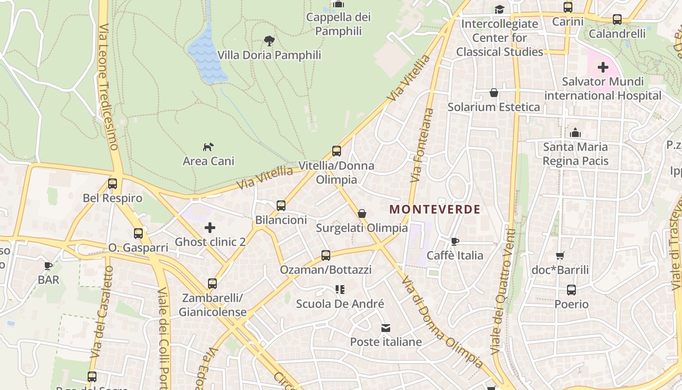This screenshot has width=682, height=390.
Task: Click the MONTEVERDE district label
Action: [435, 210]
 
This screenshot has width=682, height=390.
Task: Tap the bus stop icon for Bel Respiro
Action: [113, 184]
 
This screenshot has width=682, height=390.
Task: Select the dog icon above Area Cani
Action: [208, 146]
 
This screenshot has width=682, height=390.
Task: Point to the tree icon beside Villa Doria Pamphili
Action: [269, 40]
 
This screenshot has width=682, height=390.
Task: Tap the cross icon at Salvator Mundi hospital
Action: [603, 67]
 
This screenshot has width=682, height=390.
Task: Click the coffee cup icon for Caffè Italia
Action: [455, 241]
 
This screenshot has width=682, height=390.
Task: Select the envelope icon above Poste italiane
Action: [386, 328]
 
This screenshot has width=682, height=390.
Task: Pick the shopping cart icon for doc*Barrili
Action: [560, 255]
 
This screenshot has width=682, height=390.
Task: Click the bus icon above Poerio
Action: [571, 290]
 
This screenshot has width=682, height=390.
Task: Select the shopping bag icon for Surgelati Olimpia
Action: [362, 214]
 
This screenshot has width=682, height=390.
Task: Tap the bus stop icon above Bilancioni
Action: [281, 206]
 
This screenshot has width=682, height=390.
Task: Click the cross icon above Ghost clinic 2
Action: [210, 227]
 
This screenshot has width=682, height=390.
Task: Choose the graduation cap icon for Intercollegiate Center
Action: [499, 9]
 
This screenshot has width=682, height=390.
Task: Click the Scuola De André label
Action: [340, 304]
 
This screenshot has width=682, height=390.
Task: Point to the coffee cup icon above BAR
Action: [48, 266]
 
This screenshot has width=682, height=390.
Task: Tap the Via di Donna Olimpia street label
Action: [442, 322]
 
